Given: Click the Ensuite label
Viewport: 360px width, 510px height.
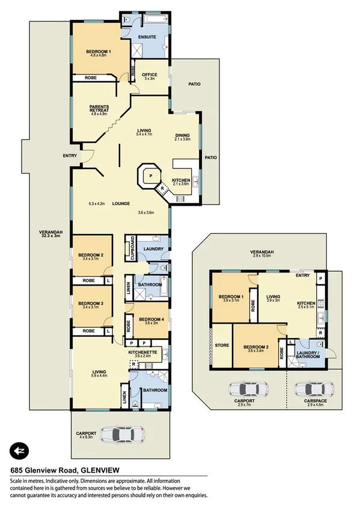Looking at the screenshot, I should coord(147,37).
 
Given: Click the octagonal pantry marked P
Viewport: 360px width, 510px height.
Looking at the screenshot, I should coord(150,176).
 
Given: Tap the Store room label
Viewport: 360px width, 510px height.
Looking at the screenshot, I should coord(222,346).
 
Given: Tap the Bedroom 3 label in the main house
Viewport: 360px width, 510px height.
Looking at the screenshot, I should coord(91,304).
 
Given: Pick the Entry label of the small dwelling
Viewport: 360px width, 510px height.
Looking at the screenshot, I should coord(302,275).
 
